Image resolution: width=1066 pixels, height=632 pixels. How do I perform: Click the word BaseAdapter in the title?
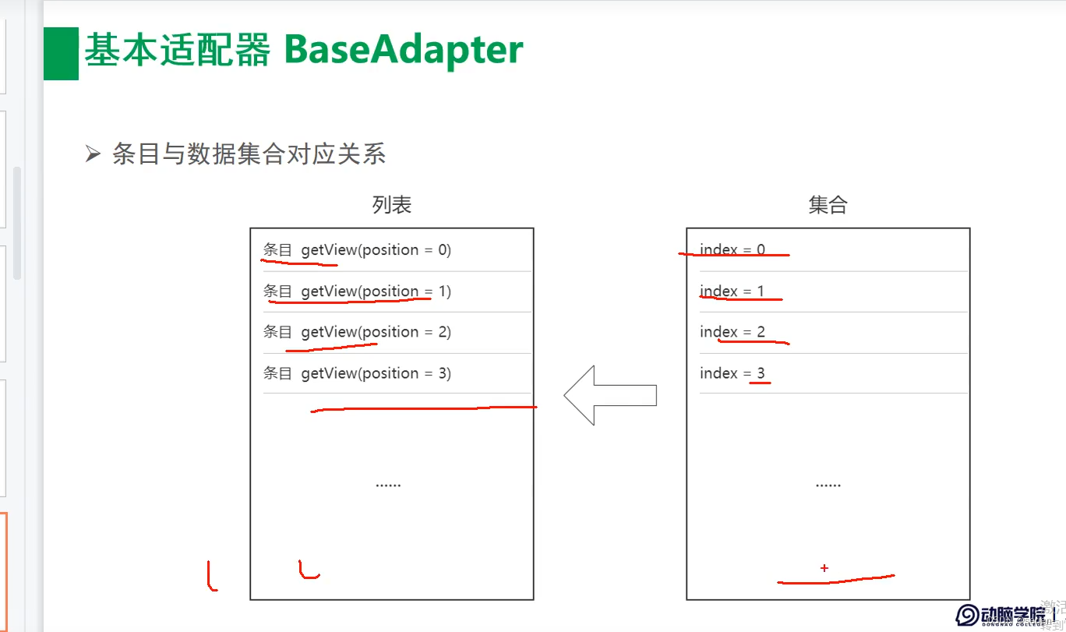[404, 51]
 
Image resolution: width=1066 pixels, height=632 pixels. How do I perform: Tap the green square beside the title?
[61, 54]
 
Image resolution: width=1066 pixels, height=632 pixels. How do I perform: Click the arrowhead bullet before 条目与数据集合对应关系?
[93, 154]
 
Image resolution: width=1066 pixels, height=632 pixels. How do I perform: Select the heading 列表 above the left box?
[391, 205]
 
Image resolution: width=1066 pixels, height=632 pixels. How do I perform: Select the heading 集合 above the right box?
[828, 205]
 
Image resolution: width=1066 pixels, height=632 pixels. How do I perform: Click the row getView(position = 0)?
[357, 250]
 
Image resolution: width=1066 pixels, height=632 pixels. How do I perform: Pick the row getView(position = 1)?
[357, 291]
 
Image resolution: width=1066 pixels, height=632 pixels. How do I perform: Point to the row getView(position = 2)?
[357, 332]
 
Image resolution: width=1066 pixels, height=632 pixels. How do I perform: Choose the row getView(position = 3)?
[357, 373]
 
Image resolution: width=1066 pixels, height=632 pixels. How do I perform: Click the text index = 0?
[732, 250]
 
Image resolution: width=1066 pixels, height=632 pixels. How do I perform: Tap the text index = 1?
[732, 291]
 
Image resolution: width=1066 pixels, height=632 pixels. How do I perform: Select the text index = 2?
[732, 332]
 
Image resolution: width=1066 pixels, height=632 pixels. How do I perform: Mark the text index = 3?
[732, 373]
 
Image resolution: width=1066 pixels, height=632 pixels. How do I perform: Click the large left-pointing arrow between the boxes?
[609, 395]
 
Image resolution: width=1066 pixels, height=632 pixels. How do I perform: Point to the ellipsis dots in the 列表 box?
[388, 485]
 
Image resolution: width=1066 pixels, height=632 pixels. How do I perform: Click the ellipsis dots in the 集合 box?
[828, 485]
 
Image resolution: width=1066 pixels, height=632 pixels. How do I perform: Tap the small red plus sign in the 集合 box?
[824, 568]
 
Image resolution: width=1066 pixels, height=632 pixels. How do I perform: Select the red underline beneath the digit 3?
[760, 383]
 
